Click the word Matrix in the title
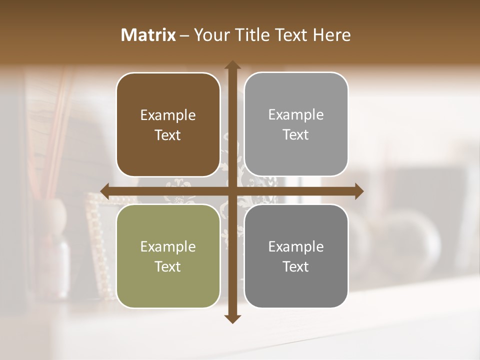pyautogui.click(x=148, y=35)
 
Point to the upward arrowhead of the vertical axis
pyautogui.click(x=232, y=65)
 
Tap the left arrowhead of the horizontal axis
pyautogui.click(x=105, y=191)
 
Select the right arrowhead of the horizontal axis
pyautogui.click(x=359, y=191)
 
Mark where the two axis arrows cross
pyautogui.click(x=232, y=191)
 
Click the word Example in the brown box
pyautogui.click(x=168, y=115)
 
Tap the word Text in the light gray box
pyautogui.click(x=296, y=135)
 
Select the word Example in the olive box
pyautogui.click(x=168, y=247)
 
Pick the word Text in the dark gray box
pyautogui.click(x=296, y=266)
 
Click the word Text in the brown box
pyautogui.click(x=168, y=135)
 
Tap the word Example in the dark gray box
pyautogui.click(x=296, y=247)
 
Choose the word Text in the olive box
pyautogui.click(x=168, y=266)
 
